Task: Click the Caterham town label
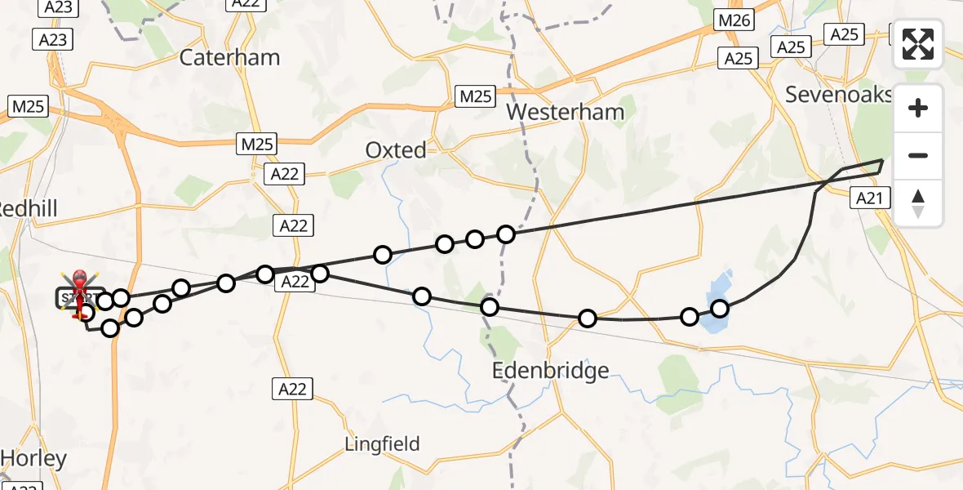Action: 229,57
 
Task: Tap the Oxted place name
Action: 395,150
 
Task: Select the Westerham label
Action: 566,112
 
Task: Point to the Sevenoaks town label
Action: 839,94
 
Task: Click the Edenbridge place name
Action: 551,372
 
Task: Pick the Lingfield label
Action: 382,444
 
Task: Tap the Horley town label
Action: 33,459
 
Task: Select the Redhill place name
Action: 29,209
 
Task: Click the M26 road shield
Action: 733,20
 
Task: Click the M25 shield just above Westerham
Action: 475,96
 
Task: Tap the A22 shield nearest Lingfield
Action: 291,389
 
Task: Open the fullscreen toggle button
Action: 918,44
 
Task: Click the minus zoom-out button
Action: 918,155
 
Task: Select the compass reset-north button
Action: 918,203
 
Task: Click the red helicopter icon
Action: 80,291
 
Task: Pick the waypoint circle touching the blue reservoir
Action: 720,308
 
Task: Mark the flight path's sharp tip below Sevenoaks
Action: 883,160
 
